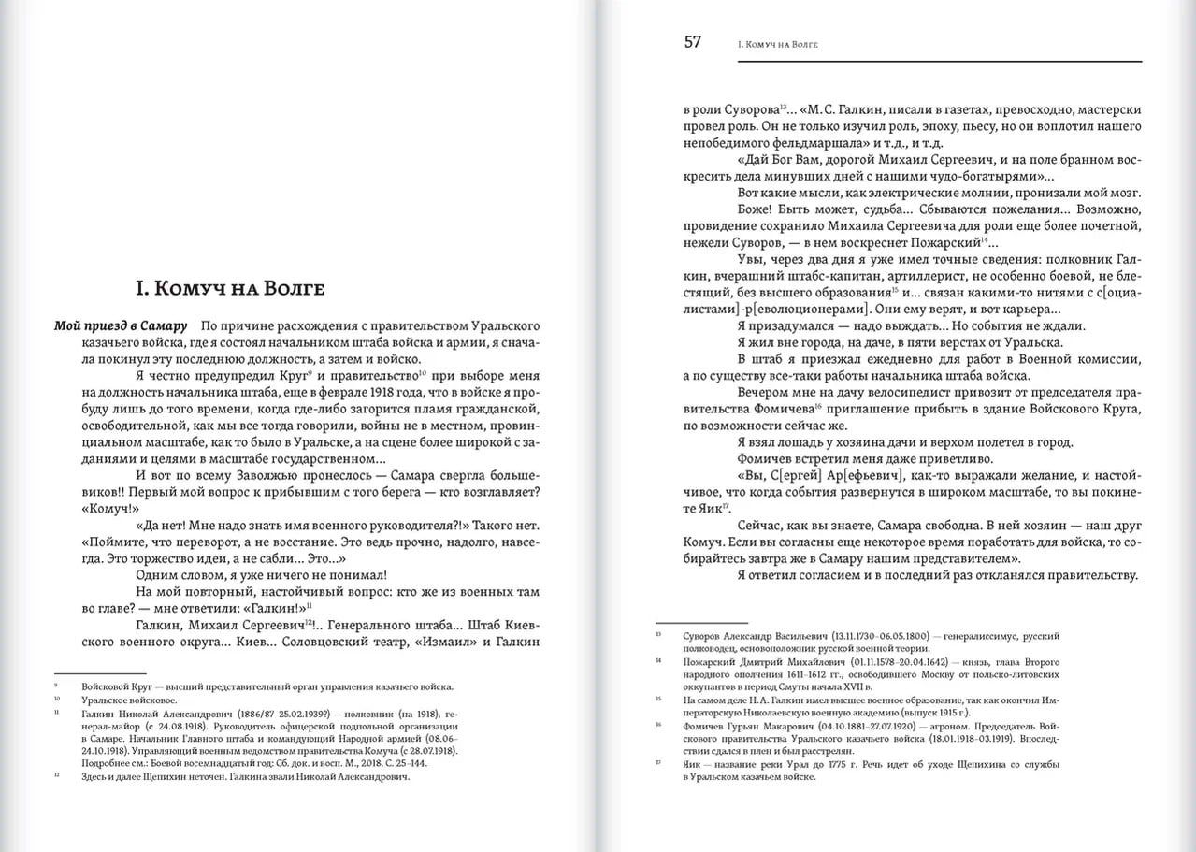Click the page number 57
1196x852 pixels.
point(693,41)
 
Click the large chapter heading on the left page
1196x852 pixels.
point(230,288)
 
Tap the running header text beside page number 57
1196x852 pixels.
point(771,43)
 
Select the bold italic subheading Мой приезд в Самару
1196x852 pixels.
point(119,325)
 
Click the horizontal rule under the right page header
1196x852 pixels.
point(940,62)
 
